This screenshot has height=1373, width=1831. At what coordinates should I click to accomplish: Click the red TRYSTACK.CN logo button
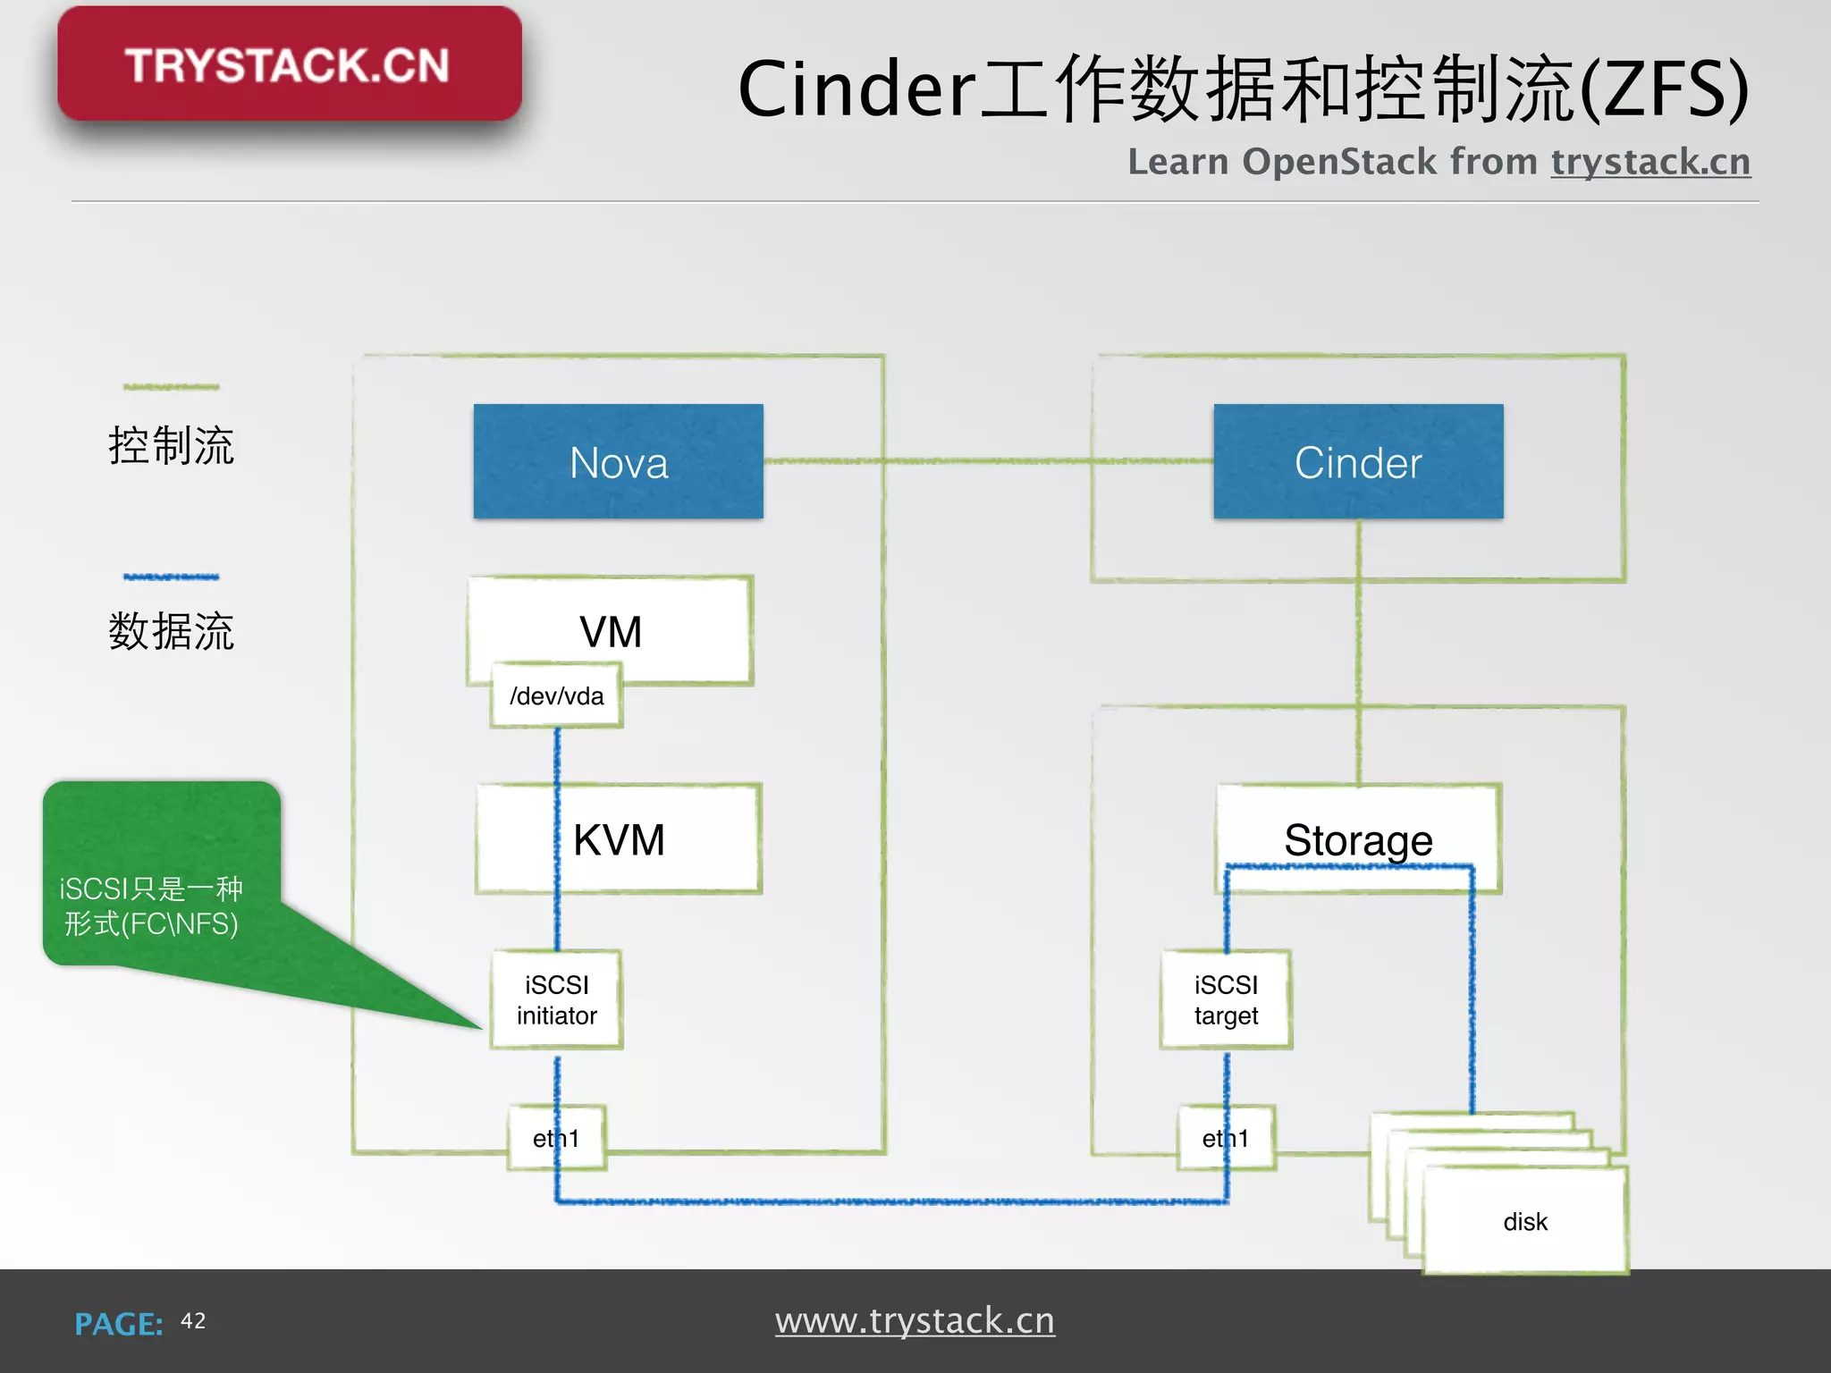[289, 64]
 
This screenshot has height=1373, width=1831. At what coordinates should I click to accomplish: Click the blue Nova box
[618, 461]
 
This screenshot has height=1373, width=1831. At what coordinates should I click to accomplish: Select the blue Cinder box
[1357, 461]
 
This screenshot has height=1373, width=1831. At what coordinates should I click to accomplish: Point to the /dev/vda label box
[556, 695]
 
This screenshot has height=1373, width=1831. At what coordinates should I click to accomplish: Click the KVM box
[662, 839]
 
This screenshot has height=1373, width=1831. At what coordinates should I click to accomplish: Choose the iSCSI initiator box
[556, 999]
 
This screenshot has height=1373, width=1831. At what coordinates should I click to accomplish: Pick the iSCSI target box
[1225, 999]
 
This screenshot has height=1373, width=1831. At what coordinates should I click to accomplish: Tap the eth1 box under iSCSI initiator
[556, 1138]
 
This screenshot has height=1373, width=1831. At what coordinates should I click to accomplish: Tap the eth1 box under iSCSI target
[1225, 1138]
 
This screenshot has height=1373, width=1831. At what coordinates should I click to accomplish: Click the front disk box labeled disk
[1524, 1221]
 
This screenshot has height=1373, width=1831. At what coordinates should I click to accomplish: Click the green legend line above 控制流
[171, 387]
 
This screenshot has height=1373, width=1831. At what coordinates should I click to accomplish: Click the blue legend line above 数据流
[171, 577]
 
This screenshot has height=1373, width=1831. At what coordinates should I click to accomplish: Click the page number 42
[193, 1321]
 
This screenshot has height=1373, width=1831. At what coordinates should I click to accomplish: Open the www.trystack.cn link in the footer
[915, 1321]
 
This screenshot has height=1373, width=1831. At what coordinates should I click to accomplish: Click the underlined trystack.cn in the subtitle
[1650, 162]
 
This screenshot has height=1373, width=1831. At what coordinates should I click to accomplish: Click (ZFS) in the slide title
[1663, 89]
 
